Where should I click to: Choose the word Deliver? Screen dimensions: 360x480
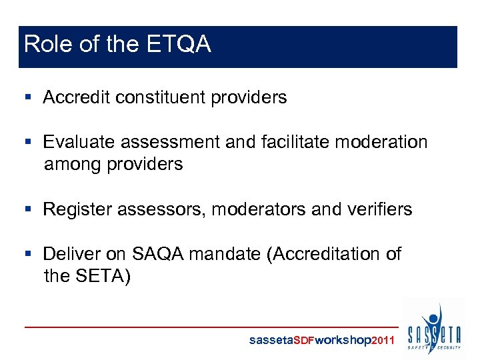(x=69, y=254)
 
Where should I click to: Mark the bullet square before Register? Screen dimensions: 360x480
(x=28, y=210)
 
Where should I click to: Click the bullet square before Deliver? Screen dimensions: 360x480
(x=28, y=255)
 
